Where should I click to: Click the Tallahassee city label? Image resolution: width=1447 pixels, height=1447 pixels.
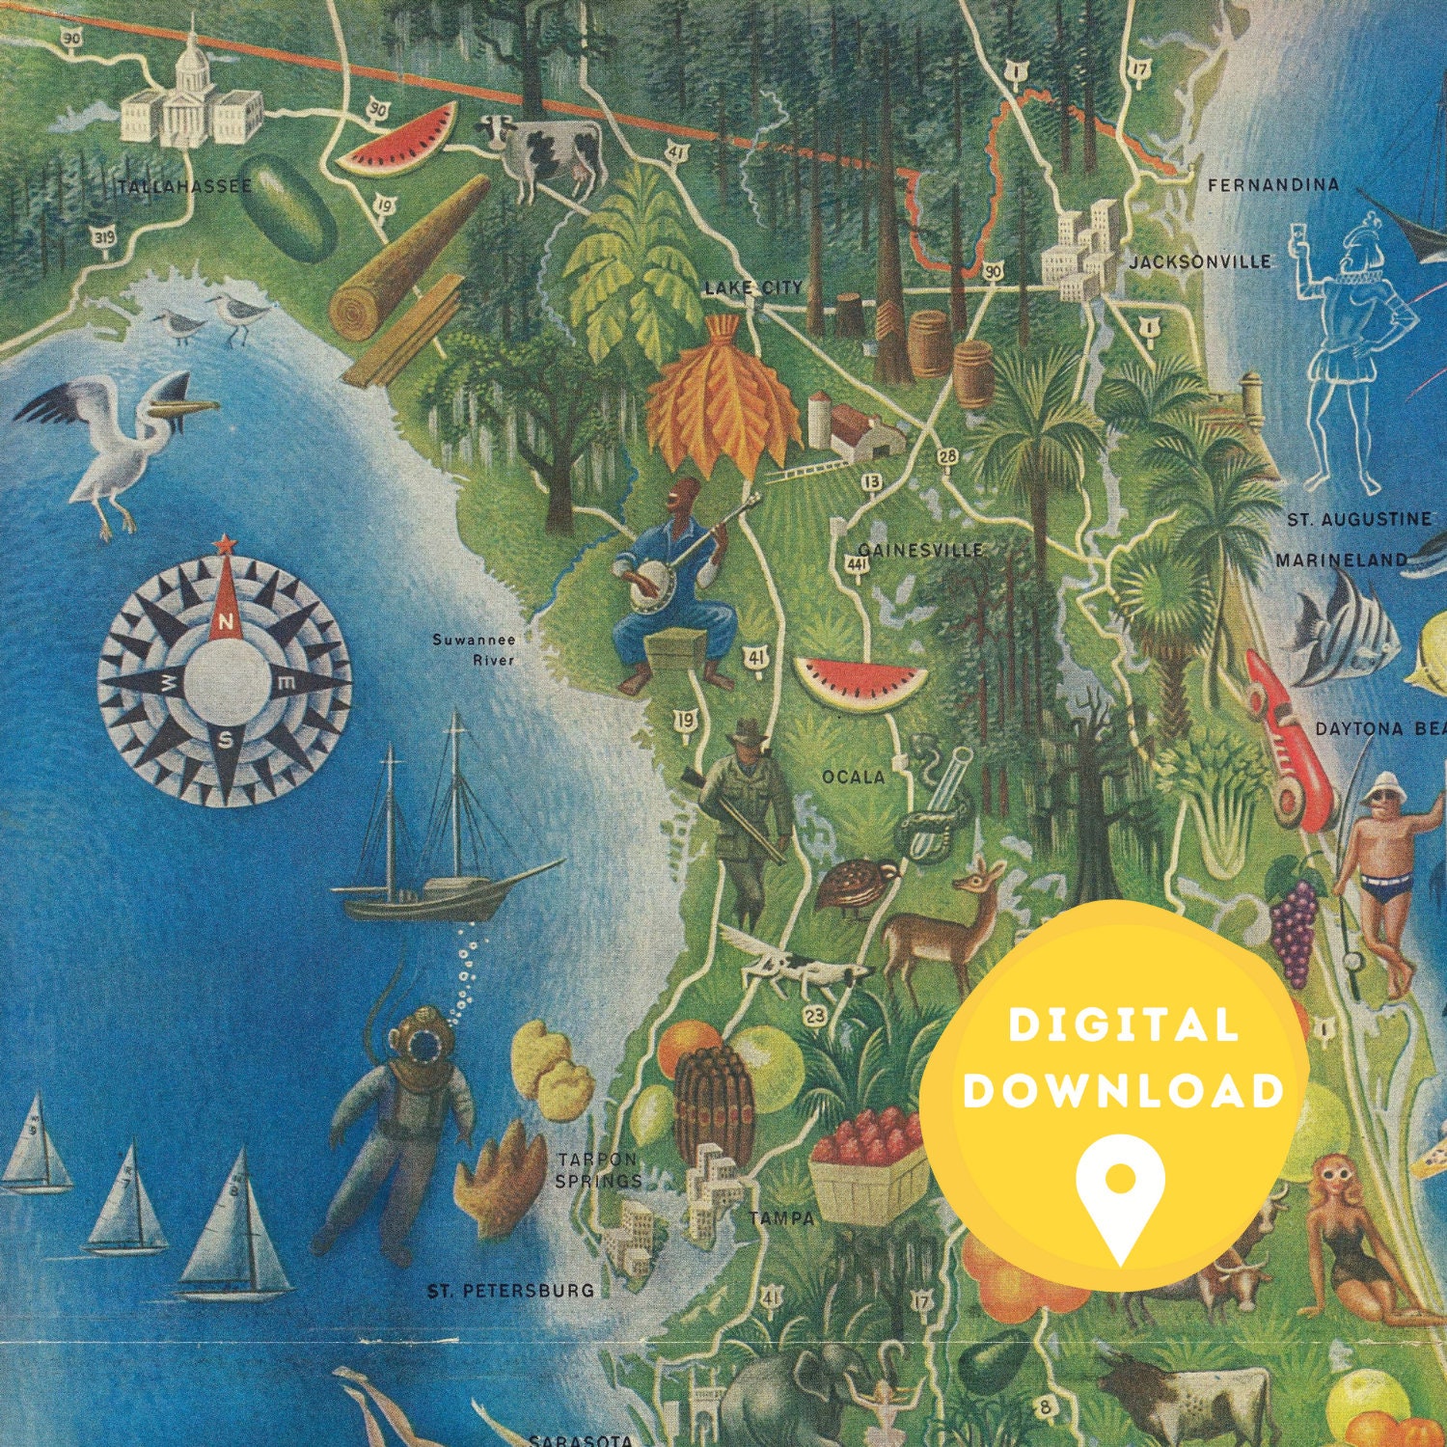(183, 186)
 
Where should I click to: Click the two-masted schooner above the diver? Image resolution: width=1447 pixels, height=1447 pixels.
(434, 849)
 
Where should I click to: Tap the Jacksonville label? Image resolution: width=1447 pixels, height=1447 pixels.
(1200, 261)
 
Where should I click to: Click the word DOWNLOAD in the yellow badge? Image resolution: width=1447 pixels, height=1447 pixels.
(1124, 1091)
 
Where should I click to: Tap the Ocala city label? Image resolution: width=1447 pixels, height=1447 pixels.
(853, 776)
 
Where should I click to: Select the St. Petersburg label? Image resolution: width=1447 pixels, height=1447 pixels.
(511, 1290)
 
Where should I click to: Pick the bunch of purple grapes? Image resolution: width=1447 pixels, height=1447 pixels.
(1294, 921)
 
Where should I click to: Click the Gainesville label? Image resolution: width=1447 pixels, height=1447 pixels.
(921, 550)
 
